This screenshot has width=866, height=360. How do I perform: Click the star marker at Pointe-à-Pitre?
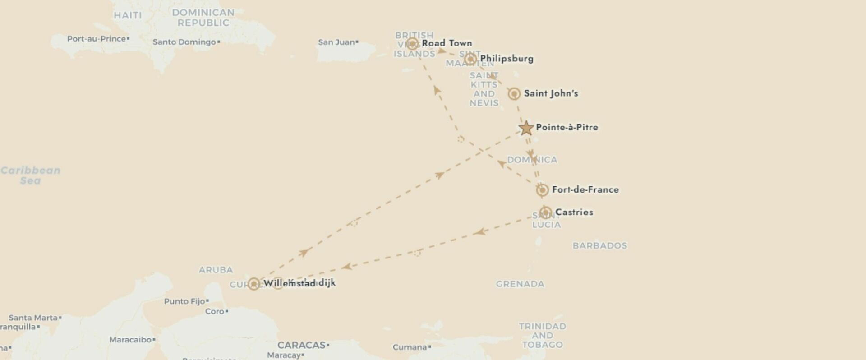click(526, 128)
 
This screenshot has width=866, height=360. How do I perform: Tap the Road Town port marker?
click(412, 44)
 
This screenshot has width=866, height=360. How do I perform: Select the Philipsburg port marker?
click(470, 59)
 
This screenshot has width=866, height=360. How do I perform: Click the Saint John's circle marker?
click(514, 94)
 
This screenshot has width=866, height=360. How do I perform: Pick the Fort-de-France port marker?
click(542, 190)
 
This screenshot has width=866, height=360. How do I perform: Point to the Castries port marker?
click(546, 212)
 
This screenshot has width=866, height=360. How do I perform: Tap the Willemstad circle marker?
click(254, 284)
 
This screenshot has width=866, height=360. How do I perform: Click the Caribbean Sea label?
click(30, 175)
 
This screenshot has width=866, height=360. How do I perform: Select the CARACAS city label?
click(301, 345)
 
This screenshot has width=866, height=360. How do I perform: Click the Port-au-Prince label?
click(97, 39)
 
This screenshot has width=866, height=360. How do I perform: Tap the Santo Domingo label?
click(184, 42)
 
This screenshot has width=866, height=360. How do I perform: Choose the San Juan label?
click(336, 42)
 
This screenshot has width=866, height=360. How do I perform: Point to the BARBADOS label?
click(599, 246)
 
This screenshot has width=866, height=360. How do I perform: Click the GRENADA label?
click(520, 284)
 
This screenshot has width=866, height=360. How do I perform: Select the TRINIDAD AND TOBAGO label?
click(542, 335)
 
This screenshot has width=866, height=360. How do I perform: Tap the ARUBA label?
click(216, 270)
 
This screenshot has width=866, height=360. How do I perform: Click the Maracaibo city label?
click(130, 340)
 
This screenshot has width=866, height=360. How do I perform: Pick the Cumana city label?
click(410, 347)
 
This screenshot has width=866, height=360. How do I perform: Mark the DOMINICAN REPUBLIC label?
click(203, 18)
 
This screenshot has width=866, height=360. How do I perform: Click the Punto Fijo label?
click(184, 301)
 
